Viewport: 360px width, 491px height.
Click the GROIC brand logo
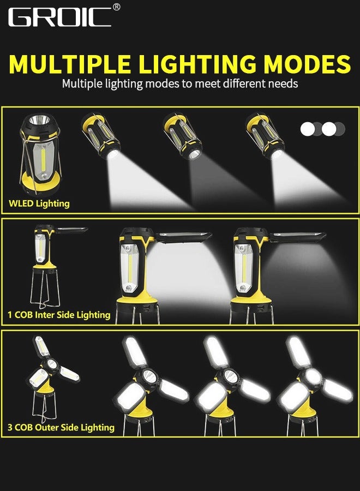[60, 17]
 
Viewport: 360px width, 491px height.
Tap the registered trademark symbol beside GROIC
[116, 7]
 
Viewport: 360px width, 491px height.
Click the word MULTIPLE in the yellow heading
[71, 64]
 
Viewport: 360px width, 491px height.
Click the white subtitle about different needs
[179, 84]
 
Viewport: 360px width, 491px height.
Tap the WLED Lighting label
[39, 203]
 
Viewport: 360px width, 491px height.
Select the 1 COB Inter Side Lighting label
[59, 315]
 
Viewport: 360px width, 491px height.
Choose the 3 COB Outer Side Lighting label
[61, 427]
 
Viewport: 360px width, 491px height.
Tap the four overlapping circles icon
[322, 129]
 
